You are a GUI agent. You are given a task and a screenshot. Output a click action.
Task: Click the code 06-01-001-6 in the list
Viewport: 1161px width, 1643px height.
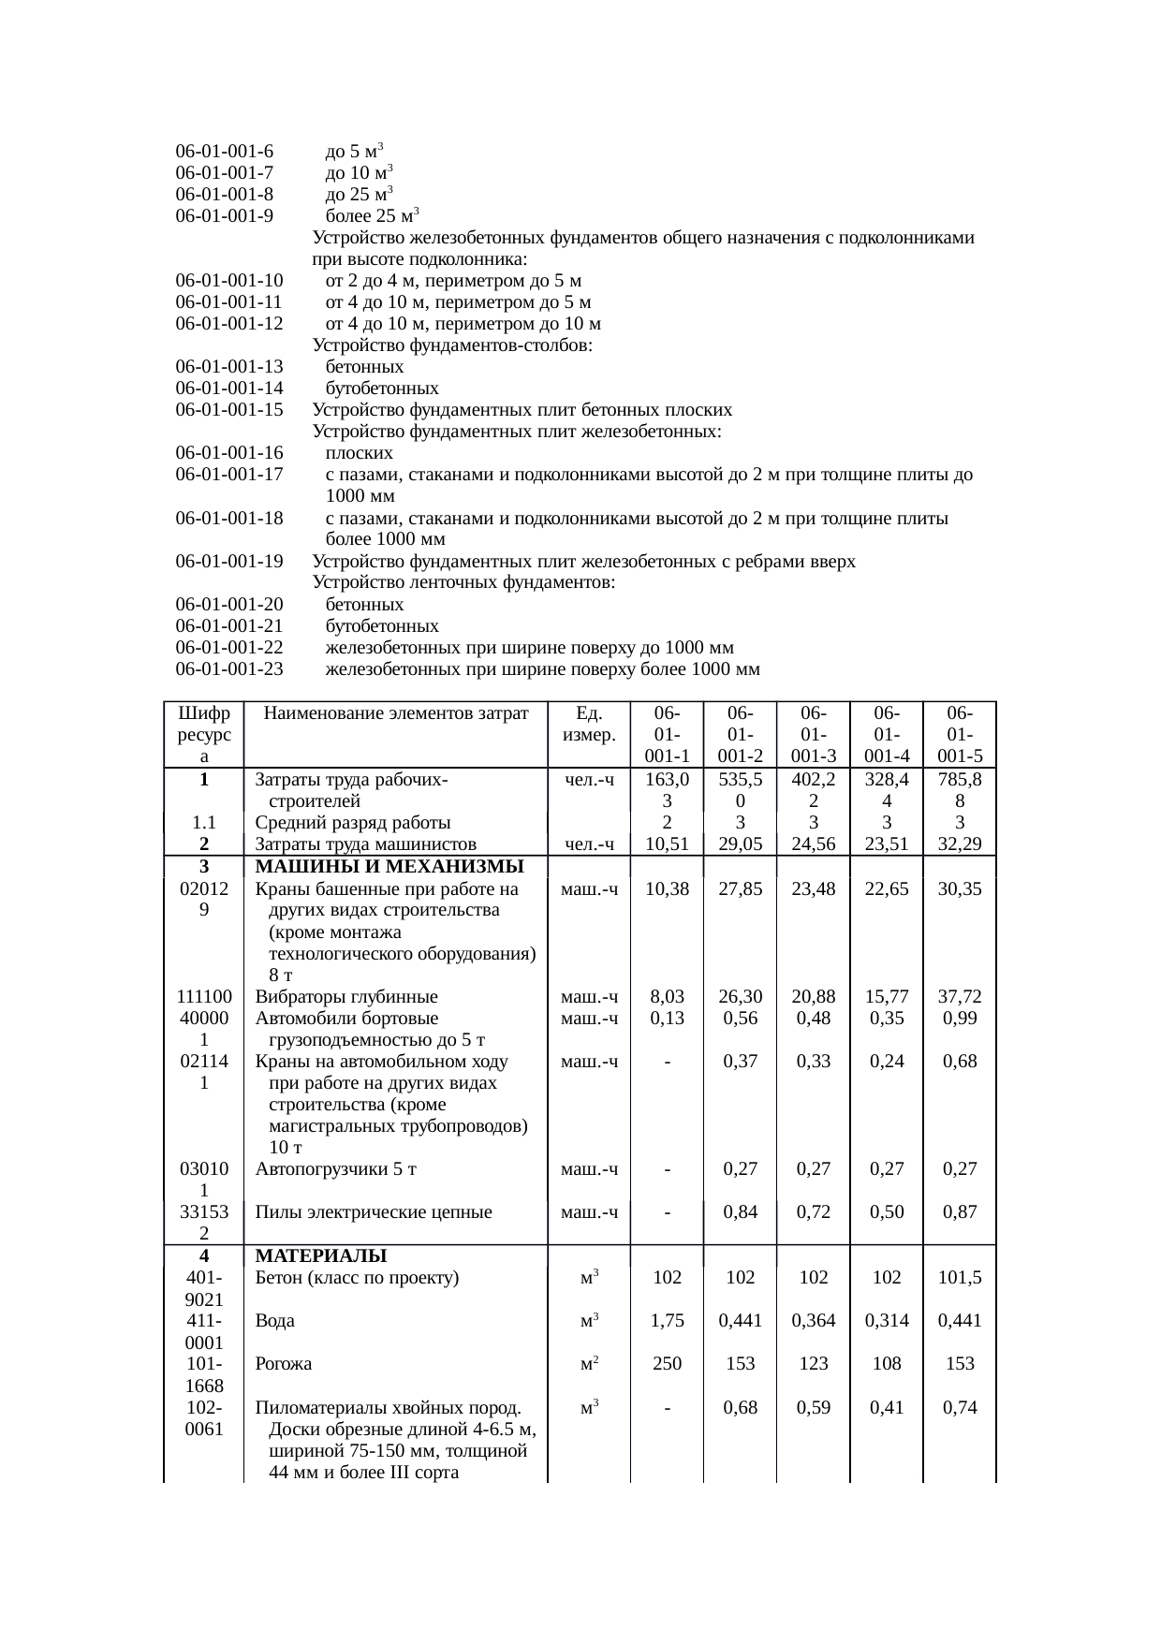tap(224, 151)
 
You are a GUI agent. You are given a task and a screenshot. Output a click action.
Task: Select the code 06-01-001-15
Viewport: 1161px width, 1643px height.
tap(228, 410)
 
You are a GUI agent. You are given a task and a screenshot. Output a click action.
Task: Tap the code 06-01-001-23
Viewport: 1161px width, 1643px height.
tap(228, 669)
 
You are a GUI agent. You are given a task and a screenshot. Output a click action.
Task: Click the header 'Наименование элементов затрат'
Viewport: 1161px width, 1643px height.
tap(396, 714)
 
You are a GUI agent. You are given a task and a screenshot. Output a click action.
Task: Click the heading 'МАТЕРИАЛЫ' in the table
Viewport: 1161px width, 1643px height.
tap(321, 1255)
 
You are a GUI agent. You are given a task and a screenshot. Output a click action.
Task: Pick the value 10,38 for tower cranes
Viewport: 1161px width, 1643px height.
tap(667, 889)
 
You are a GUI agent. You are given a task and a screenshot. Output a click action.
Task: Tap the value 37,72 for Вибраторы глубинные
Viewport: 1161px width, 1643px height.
tap(960, 997)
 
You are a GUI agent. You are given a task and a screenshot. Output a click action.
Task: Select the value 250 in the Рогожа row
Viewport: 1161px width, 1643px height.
tap(667, 1364)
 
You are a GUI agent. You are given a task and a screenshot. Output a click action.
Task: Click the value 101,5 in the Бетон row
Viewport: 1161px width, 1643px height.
tap(960, 1278)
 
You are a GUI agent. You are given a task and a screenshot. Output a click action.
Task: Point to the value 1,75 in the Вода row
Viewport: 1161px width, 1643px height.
tap(667, 1321)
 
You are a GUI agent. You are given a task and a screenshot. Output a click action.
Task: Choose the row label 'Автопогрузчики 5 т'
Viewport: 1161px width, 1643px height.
tap(336, 1169)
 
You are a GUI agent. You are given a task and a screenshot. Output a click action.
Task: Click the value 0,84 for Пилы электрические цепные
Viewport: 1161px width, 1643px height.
tap(740, 1212)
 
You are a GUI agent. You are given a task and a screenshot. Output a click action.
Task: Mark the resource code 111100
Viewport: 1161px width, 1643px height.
tap(204, 997)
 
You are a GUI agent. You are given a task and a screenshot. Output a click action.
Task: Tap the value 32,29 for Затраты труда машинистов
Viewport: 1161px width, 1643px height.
tap(960, 844)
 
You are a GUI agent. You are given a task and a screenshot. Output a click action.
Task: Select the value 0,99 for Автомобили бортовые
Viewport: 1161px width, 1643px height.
tap(960, 1019)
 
